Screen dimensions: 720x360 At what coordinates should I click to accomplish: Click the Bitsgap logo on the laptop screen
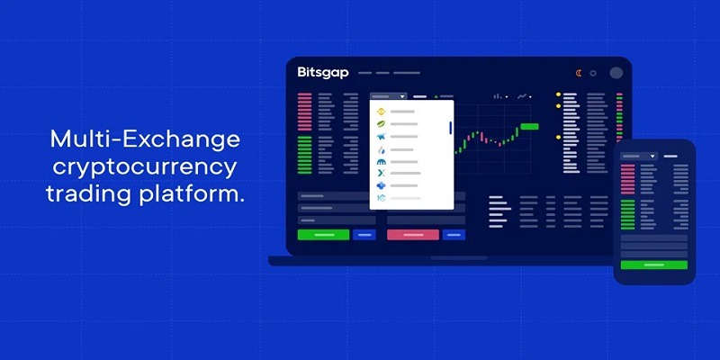click(x=323, y=73)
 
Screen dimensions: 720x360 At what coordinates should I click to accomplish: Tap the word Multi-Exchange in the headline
click(x=145, y=139)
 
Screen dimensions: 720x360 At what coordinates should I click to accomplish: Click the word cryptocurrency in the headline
click(x=145, y=168)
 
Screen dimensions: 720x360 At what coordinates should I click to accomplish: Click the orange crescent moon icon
click(x=579, y=73)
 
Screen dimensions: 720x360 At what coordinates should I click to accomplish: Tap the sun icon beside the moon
click(x=593, y=73)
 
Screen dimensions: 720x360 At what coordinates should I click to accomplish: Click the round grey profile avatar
click(x=616, y=73)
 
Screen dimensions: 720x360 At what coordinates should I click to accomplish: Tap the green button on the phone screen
click(x=654, y=265)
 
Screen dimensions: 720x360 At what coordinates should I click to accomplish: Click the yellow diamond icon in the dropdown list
click(x=381, y=112)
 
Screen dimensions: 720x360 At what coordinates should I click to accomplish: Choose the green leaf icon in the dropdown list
click(x=381, y=124)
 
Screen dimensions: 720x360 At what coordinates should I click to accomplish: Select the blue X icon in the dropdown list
click(x=381, y=173)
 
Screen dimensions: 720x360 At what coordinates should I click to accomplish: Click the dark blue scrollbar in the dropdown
click(x=451, y=128)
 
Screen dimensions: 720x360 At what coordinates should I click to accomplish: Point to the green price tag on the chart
click(x=529, y=126)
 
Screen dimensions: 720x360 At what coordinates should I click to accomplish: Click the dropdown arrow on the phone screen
click(x=652, y=157)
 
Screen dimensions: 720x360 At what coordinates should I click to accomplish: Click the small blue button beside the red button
click(x=454, y=235)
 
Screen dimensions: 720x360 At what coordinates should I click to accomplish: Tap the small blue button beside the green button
click(x=364, y=235)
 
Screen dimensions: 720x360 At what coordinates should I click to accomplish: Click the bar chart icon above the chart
click(x=498, y=96)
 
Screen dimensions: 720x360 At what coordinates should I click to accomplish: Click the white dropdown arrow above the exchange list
click(x=402, y=97)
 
